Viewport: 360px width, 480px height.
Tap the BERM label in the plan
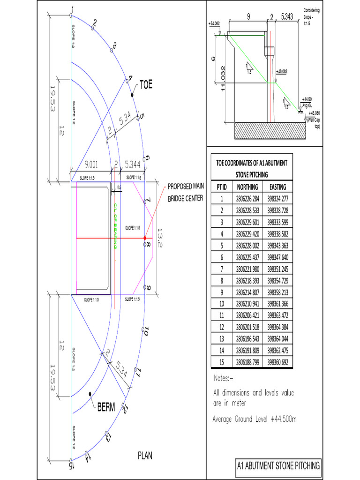(106, 407)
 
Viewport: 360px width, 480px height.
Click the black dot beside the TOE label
(133, 95)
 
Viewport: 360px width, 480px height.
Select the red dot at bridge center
(145, 238)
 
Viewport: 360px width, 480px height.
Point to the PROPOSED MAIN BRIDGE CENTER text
(185, 192)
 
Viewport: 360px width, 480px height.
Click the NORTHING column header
(247, 187)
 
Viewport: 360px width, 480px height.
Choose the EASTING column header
(277, 187)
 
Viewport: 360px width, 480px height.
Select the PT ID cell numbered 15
(222, 362)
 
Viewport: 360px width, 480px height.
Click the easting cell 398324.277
(277, 199)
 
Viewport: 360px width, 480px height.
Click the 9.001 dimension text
(89, 165)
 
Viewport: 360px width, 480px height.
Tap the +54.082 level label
(214, 22)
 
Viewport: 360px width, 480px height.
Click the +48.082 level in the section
(282, 72)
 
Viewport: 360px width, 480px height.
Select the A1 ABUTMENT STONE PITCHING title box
(278, 465)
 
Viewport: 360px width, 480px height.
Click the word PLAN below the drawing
(145, 455)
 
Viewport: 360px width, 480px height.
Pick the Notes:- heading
(224, 378)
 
